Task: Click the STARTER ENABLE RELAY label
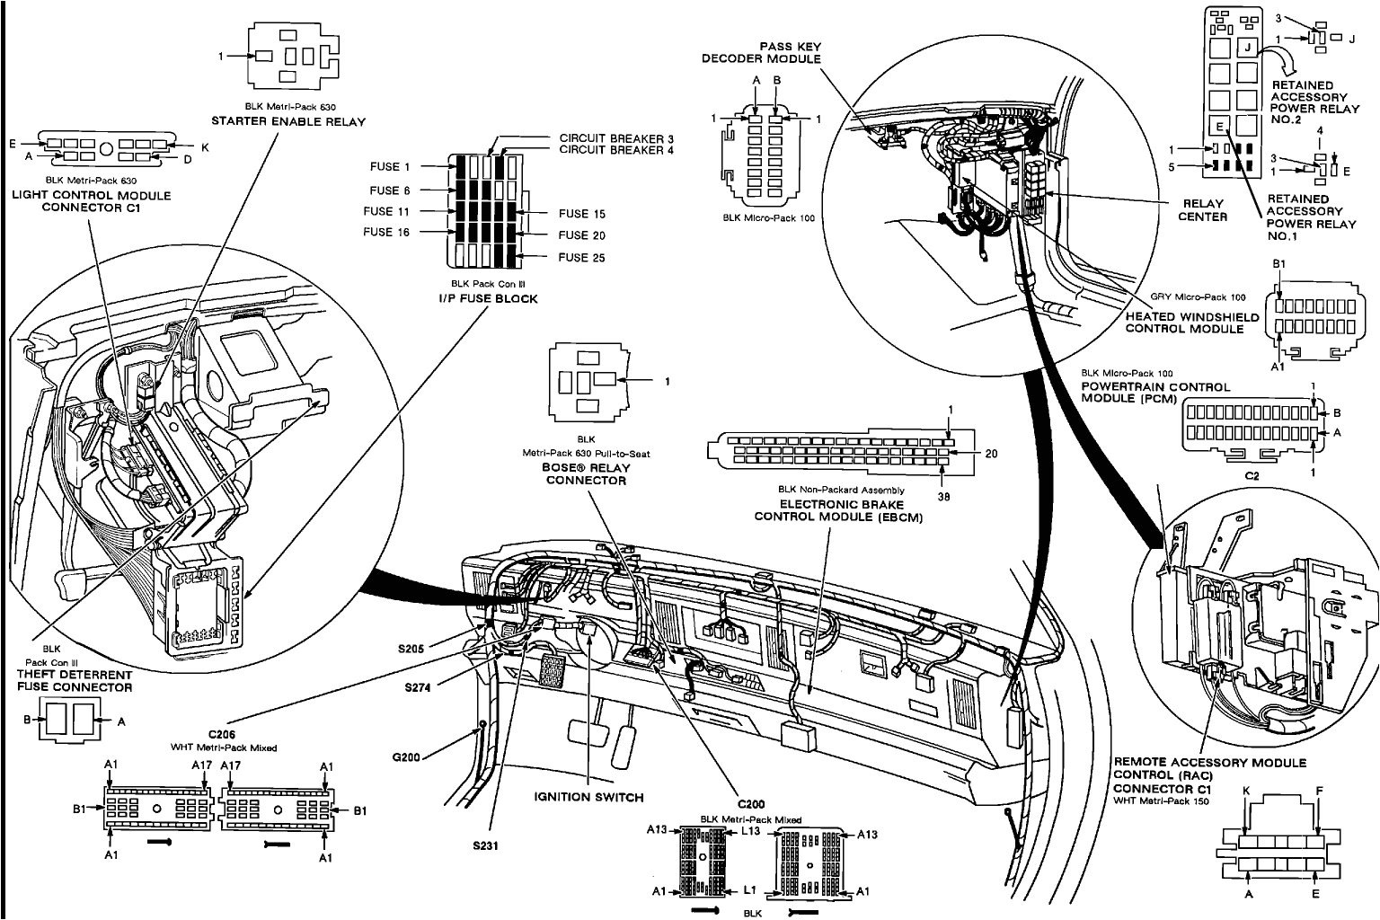point(287,120)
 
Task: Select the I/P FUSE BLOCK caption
point(488,298)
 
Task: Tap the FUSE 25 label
point(581,258)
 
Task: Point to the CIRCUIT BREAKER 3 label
point(616,138)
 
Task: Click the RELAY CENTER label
point(1202,210)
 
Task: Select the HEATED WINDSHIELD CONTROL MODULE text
point(1184,323)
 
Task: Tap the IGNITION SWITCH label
point(587,797)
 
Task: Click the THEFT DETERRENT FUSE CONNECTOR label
point(75,681)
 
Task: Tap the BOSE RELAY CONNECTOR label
point(587,473)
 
